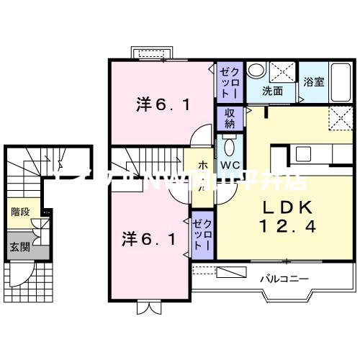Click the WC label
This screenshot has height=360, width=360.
point(230,165)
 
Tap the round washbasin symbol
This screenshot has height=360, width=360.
point(256,71)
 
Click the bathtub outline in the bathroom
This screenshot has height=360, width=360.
point(315,81)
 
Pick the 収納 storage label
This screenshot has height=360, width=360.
point(230,117)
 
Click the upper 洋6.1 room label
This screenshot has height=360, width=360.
point(163,106)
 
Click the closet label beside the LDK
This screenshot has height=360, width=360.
point(200,233)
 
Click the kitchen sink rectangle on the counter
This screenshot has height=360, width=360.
point(300,154)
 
